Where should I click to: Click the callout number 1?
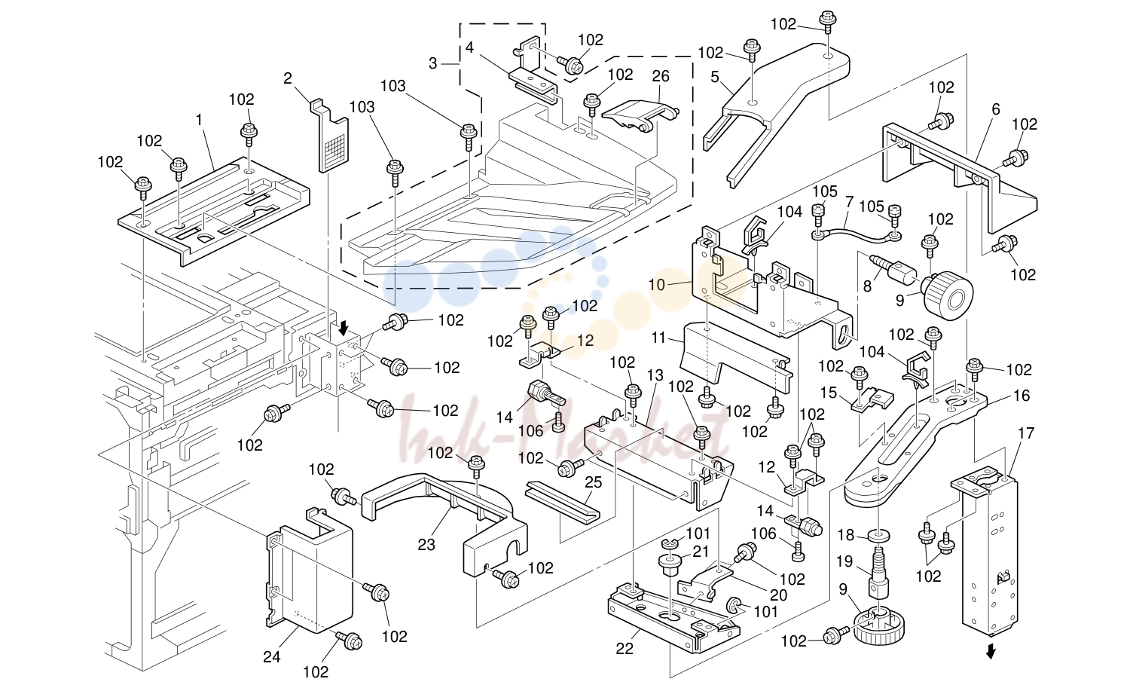200,120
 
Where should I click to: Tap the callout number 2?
288,78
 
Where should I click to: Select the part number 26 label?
661,76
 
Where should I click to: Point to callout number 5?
715,77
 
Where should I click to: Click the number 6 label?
996,109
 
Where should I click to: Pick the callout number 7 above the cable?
849,203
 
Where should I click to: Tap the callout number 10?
657,285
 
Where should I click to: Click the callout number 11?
658,338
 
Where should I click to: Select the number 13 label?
655,375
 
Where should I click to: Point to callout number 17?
1026,433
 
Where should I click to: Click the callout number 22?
625,649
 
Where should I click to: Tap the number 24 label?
272,656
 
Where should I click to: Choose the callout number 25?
594,482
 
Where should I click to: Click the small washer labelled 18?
879,535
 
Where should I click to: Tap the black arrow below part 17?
991,652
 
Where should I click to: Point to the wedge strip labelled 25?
563,501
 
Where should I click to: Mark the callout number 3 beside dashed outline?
433,64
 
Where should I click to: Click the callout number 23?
426,545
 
